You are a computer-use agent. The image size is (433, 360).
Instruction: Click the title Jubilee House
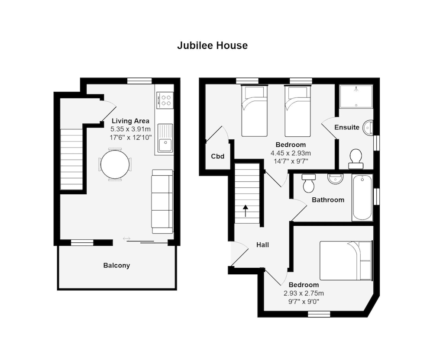(212, 45)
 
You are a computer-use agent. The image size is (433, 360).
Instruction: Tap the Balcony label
(116, 265)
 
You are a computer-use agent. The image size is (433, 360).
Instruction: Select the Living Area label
(130, 121)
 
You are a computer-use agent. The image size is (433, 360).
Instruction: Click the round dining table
(115, 164)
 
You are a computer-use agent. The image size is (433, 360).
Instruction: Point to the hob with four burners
(165, 100)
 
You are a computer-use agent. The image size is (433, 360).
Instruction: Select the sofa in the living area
(162, 202)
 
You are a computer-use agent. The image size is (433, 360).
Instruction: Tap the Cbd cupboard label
(217, 156)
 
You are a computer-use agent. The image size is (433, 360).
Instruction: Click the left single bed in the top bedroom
(254, 111)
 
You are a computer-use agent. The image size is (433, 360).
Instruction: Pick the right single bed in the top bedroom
(297, 111)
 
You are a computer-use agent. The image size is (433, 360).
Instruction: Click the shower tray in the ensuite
(355, 96)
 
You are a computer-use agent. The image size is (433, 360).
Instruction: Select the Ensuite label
(346, 127)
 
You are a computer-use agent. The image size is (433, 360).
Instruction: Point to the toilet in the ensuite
(356, 159)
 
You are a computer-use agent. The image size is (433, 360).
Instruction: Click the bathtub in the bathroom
(362, 197)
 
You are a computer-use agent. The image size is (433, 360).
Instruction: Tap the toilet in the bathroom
(309, 183)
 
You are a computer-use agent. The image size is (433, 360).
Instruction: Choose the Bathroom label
(328, 200)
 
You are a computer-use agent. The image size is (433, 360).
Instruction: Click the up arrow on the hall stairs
(246, 211)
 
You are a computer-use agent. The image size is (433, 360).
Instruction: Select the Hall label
(262, 245)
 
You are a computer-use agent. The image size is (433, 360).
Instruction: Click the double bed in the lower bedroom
(346, 260)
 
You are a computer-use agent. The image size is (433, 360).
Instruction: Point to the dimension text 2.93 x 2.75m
(304, 293)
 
